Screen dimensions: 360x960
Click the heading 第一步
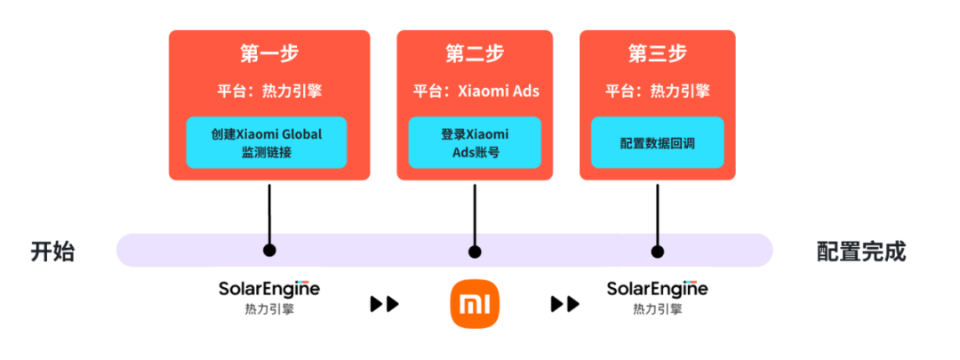coord(268,53)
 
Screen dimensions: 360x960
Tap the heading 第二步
coord(475,53)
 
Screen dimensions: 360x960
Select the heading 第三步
coord(657,53)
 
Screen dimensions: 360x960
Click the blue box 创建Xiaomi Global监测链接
coord(267,142)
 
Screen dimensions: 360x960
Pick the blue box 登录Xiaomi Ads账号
coord(475,142)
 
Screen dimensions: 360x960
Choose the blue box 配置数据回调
coord(657,142)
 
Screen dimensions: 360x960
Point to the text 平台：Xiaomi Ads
coord(475,92)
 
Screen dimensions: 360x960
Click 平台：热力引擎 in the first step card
coord(268,92)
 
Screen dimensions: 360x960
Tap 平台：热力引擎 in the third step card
coord(657,92)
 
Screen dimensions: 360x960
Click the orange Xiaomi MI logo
coord(475,304)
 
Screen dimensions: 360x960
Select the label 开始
coord(52,252)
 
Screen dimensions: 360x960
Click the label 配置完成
coord(860,252)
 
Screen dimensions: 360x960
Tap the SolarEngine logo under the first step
coord(268,289)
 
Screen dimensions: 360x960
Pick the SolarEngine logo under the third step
coord(657,289)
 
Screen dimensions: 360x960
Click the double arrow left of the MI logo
coord(384,304)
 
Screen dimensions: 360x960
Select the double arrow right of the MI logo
coord(564,304)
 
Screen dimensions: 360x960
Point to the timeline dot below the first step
coord(268,251)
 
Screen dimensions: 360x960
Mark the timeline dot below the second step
coord(475,251)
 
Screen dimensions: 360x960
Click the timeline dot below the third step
coord(657,251)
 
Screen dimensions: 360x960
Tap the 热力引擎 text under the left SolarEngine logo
coord(268,309)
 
